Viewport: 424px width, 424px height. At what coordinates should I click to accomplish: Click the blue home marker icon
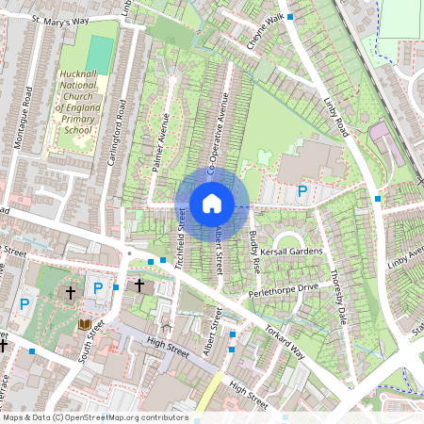pos(212,203)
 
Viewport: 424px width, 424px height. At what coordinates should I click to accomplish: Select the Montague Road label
pos(30,87)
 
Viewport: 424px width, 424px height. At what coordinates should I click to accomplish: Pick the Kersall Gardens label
pos(293,252)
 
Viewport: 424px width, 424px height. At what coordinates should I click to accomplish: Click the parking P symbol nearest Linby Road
pos(302,191)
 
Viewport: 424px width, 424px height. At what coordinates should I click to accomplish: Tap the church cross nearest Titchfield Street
pos(139,284)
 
